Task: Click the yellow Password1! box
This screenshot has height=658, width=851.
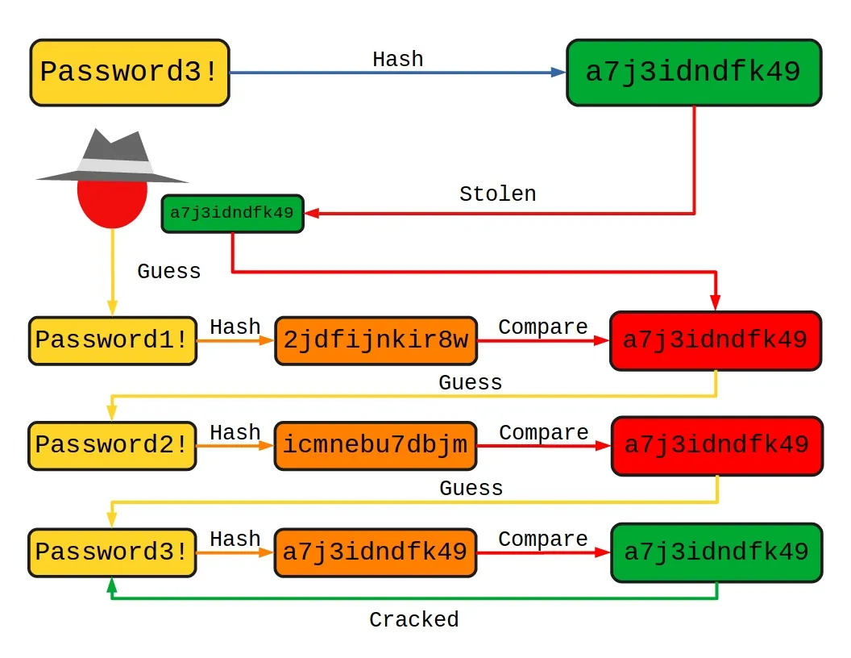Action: coord(113,340)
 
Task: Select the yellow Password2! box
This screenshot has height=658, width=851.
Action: coord(113,445)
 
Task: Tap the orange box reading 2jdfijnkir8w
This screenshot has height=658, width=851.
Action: coord(376,340)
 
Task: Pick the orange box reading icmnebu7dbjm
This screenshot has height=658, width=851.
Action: coord(376,445)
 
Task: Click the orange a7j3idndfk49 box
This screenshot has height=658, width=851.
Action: coord(376,552)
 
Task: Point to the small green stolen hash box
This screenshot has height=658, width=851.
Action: coord(232,214)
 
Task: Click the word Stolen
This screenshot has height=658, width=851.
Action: coord(497,194)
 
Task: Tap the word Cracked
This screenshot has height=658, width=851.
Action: coord(413,619)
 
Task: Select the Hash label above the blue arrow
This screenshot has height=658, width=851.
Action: coord(397,59)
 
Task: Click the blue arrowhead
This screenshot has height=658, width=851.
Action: coord(558,73)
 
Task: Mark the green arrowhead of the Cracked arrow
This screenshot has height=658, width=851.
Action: coord(112,586)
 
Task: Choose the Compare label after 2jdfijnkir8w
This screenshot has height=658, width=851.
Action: coord(542,327)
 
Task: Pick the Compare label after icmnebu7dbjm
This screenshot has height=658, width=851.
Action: coord(543,432)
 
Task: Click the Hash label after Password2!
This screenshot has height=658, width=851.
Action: coord(235,432)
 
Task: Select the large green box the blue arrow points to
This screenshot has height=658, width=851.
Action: coord(693,73)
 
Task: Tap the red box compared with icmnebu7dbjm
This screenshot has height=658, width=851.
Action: coord(716,445)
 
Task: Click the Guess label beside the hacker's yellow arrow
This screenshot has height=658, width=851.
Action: coord(168,271)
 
